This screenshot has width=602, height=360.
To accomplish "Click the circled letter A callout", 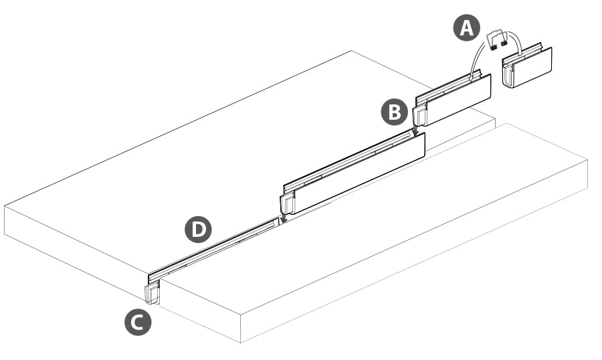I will click(466, 29).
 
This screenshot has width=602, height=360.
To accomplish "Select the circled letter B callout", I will click(394, 112).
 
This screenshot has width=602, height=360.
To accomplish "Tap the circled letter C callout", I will click(138, 323).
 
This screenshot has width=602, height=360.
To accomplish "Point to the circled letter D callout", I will click(198, 230).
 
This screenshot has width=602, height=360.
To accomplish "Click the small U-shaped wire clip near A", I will click(498, 37).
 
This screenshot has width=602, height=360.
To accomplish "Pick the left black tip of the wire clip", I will click(494, 48).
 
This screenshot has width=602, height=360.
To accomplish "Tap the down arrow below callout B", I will click(415, 132).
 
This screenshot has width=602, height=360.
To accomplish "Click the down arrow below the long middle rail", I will click(284, 217).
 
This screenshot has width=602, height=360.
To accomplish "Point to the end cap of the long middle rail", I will click(287, 203).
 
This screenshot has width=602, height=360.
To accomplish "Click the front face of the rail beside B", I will click(459, 100).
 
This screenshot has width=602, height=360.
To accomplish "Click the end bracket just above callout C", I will click(153, 292).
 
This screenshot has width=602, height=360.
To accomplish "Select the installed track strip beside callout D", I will click(214, 248).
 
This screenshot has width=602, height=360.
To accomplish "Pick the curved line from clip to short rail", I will click(516, 47).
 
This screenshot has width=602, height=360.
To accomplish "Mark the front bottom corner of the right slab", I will click(241, 342).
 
